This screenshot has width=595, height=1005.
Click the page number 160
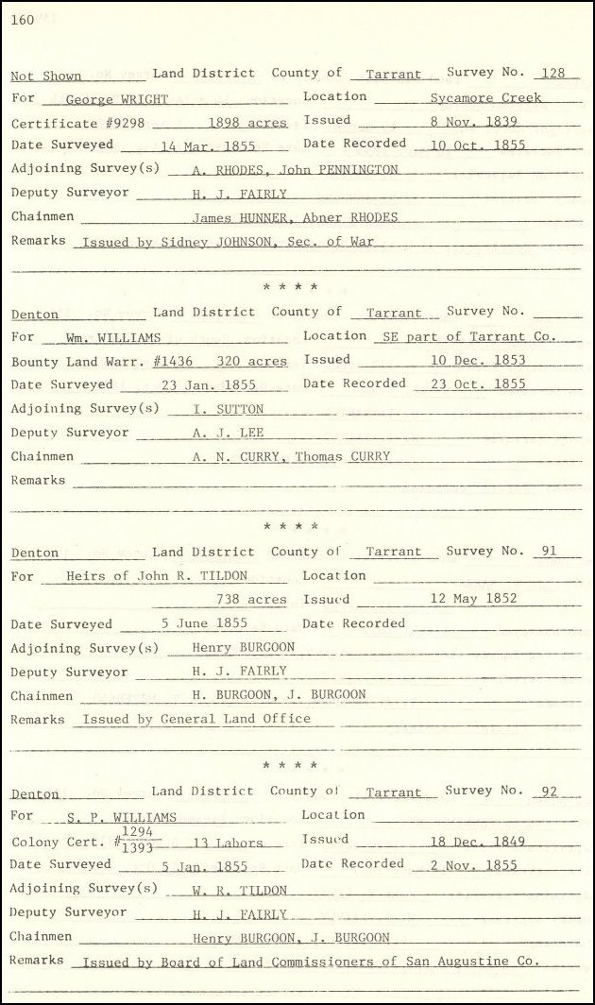click(23, 21)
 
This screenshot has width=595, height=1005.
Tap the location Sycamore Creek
click(485, 97)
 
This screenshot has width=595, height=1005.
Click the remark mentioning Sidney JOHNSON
click(229, 241)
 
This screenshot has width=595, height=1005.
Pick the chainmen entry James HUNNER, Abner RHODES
click(295, 217)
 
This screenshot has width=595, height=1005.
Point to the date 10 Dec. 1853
click(478, 360)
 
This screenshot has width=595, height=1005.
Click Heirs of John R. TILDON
click(157, 576)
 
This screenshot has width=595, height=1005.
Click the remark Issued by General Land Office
click(196, 719)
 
